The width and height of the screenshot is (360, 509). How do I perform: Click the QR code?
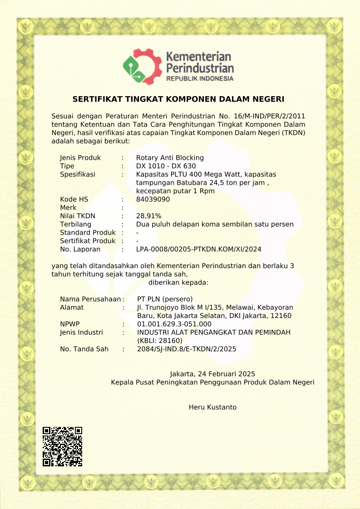pyautogui.click(x=62, y=446)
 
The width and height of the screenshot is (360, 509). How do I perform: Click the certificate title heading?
pyautogui.click(x=178, y=99)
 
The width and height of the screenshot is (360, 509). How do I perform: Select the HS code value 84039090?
pyautogui.click(x=153, y=199)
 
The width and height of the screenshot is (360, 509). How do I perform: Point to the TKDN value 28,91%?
pyautogui.click(x=148, y=216)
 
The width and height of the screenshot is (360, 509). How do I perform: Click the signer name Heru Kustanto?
pyautogui.click(x=212, y=407)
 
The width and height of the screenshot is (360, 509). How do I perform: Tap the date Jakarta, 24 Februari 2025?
pyautogui.click(x=212, y=374)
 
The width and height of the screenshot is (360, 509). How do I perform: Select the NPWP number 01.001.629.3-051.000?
pyautogui.click(x=174, y=324)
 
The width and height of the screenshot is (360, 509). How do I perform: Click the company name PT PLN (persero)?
pyautogui.click(x=165, y=299)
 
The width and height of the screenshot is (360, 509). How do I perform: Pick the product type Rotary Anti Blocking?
pyautogui.click(x=170, y=158)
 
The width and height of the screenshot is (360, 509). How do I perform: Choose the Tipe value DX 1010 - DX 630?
pyautogui.click(x=166, y=166)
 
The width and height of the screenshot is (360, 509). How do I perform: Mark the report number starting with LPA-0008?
pyautogui.click(x=198, y=249)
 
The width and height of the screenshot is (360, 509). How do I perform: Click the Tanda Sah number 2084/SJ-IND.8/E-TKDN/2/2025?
pyautogui.click(x=186, y=349)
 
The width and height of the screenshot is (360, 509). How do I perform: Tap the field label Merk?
pyautogui.click(x=68, y=208)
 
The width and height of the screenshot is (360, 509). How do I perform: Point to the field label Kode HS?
pyautogui.click(x=74, y=199)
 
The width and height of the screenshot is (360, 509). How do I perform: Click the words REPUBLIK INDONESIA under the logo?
pyautogui.click(x=200, y=78)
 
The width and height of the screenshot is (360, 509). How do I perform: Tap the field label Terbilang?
pyautogui.click(x=75, y=224)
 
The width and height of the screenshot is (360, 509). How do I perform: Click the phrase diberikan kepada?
pyautogui.click(x=178, y=282)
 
